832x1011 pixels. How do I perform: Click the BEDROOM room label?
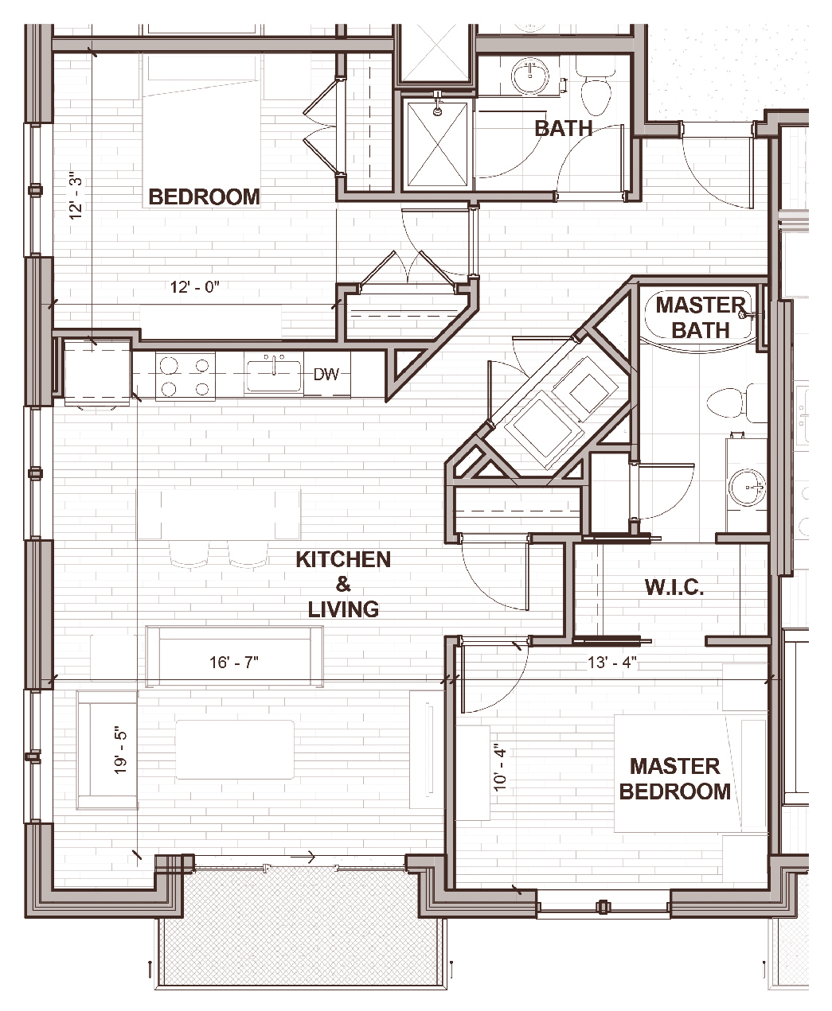pos(204,197)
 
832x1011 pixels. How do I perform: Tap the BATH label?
pos(564,128)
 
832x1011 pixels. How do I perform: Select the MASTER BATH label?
pos(701,317)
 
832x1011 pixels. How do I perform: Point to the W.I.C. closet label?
pos(674,587)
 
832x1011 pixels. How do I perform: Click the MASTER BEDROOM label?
pos(674,779)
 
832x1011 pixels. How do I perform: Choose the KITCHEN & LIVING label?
pos(343,585)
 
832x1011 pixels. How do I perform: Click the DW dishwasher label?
pos(326,375)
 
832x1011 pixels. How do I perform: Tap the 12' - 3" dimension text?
pos(76,196)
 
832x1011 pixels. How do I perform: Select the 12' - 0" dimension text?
pos(195,287)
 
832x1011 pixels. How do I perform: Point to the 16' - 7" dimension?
pos(233,663)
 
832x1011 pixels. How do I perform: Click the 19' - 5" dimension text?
pos(120,752)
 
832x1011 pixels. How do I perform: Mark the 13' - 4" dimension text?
pos(612,663)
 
